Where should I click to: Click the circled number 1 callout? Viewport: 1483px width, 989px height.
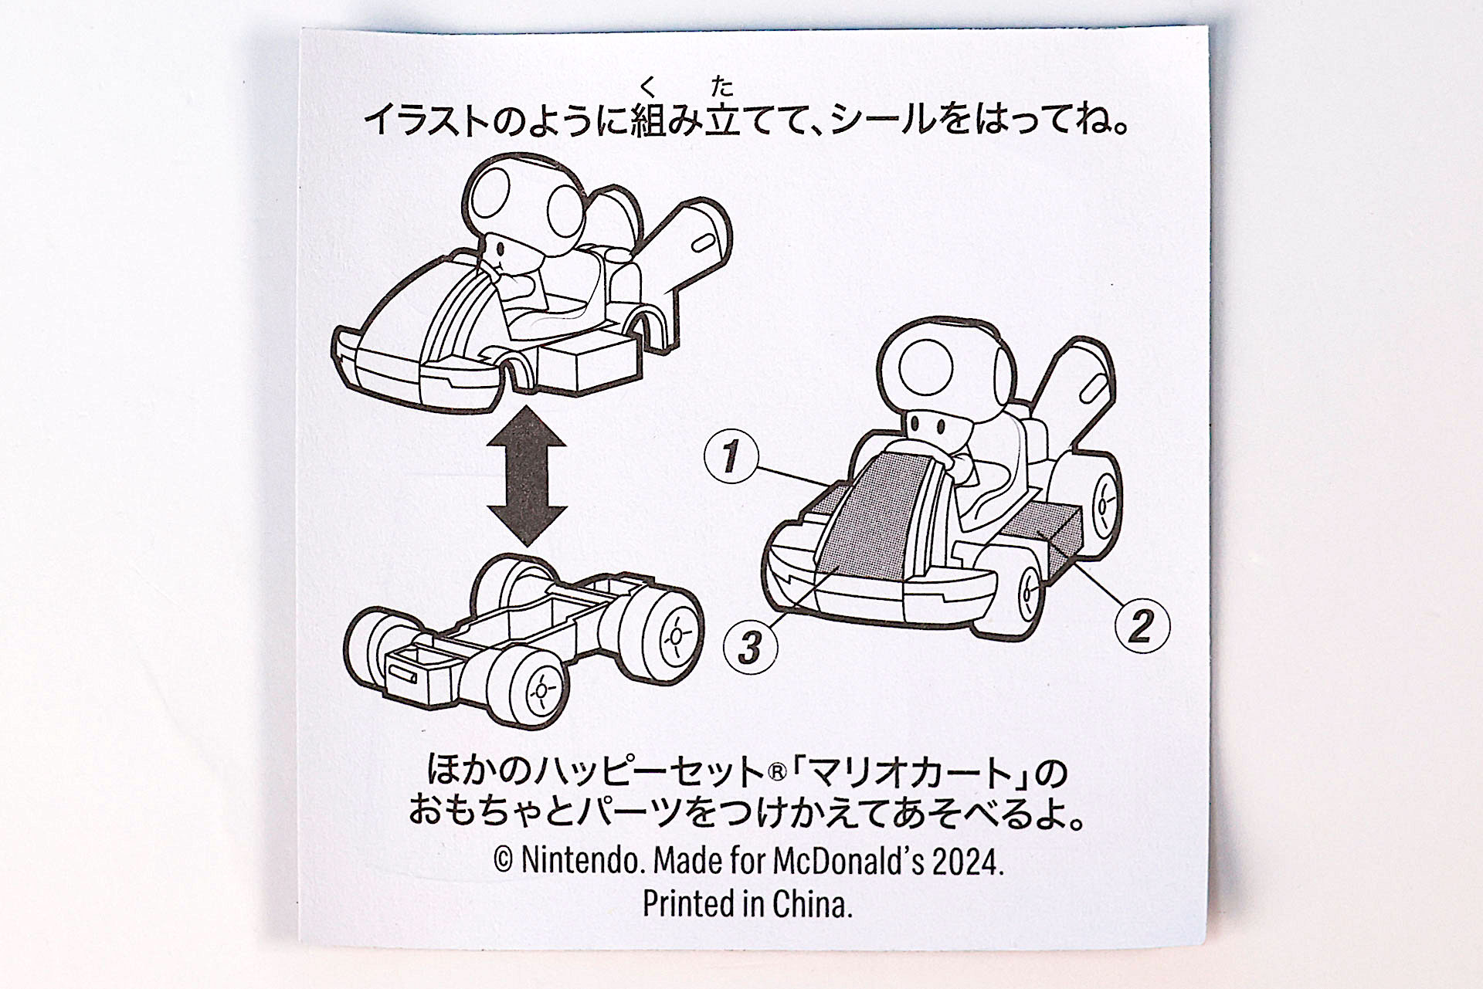[731, 456]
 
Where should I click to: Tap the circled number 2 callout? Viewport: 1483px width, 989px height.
[1142, 625]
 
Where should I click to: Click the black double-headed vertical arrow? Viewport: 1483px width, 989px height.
[528, 476]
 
